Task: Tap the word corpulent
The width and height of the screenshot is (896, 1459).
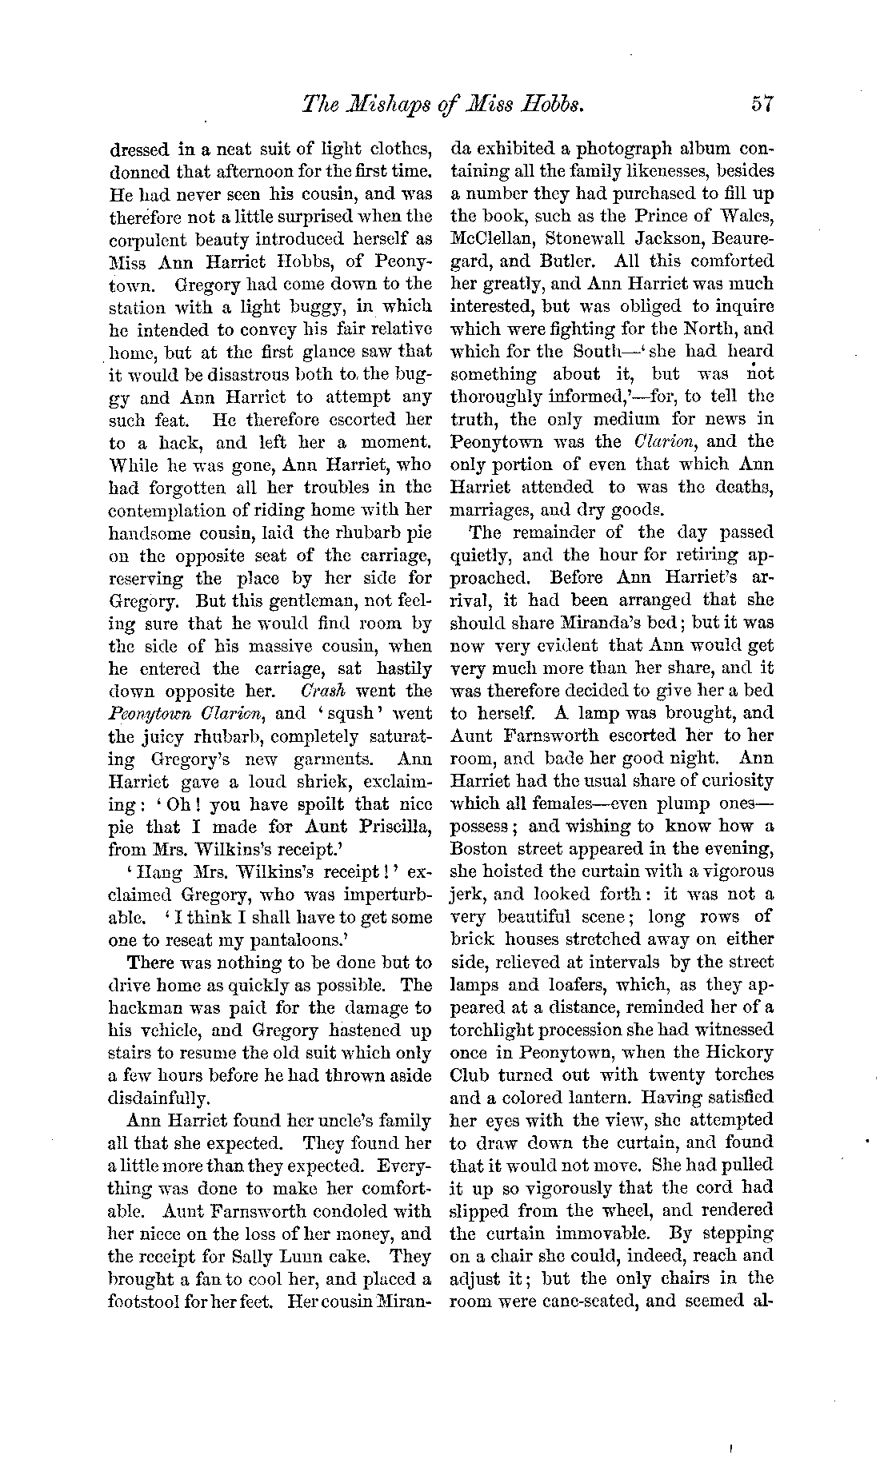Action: click(150, 239)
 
